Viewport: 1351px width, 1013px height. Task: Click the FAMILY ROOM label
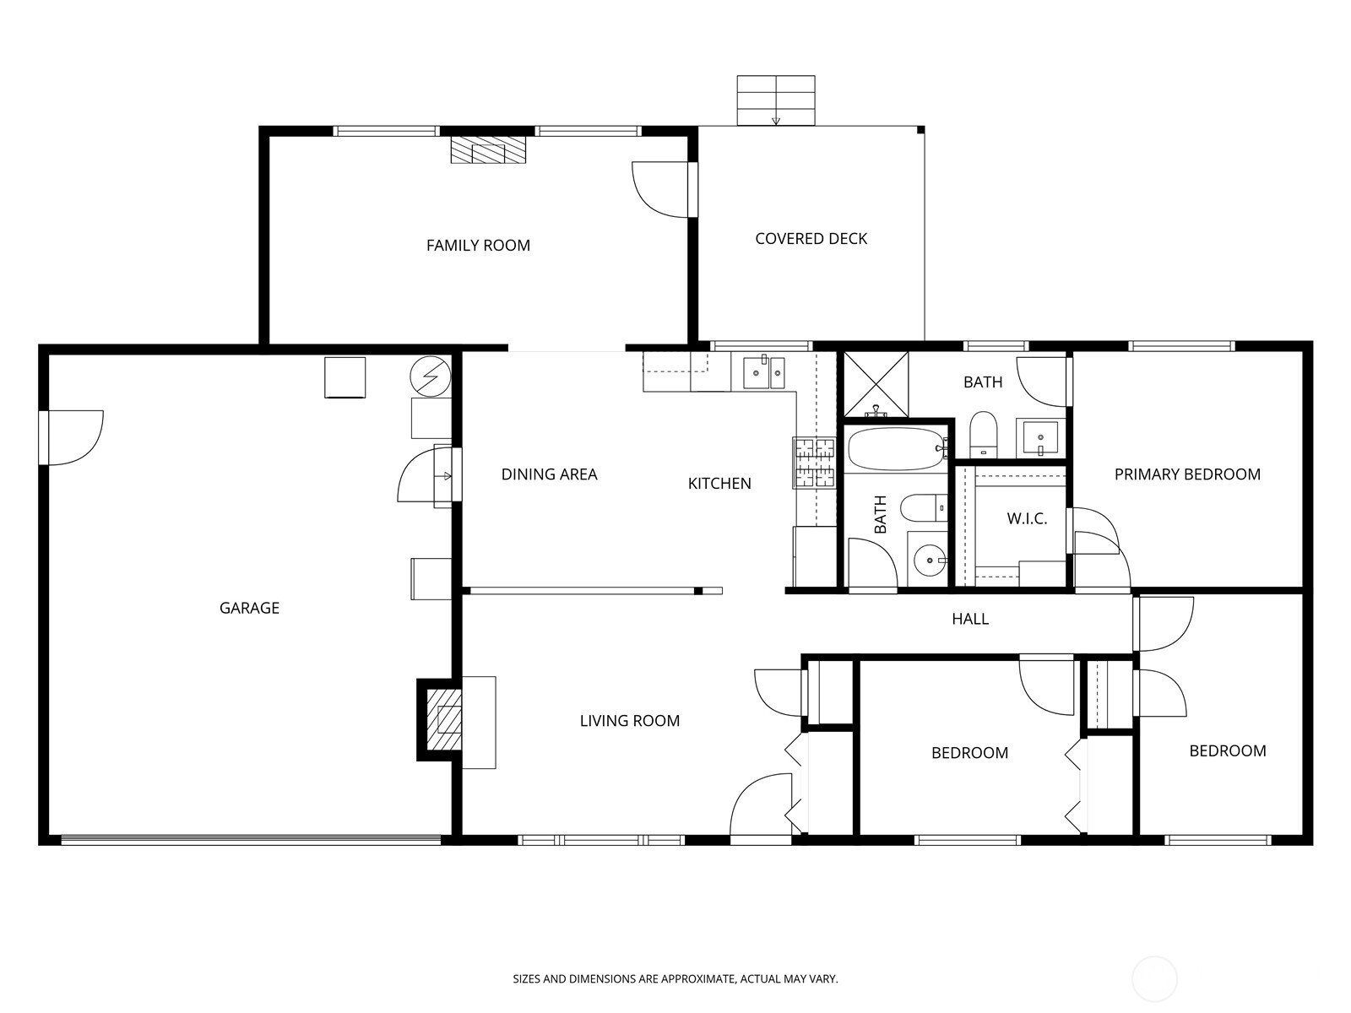[x=478, y=246]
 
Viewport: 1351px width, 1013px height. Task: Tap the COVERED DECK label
[x=811, y=239]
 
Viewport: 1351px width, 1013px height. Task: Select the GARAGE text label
[x=249, y=608]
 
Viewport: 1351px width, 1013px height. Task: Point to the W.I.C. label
[x=1027, y=518]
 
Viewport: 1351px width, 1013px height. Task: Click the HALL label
[x=970, y=619]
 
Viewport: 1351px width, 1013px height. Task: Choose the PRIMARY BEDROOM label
[x=1187, y=474]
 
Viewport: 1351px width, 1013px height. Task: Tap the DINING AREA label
[x=549, y=474]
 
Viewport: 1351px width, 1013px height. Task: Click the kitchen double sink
[x=764, y=372]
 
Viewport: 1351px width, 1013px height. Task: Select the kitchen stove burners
[x=814, y=463]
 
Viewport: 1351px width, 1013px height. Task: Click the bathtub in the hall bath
[x=897, y=448]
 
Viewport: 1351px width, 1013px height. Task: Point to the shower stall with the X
[x=876, y=384]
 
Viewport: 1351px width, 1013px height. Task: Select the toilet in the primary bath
[x=983, y=435]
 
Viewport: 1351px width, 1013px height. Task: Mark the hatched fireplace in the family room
[x=489, y=149]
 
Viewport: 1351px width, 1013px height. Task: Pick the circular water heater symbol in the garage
[x=431, y=376]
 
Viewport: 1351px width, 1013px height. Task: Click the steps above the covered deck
[x=776, y=100]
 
